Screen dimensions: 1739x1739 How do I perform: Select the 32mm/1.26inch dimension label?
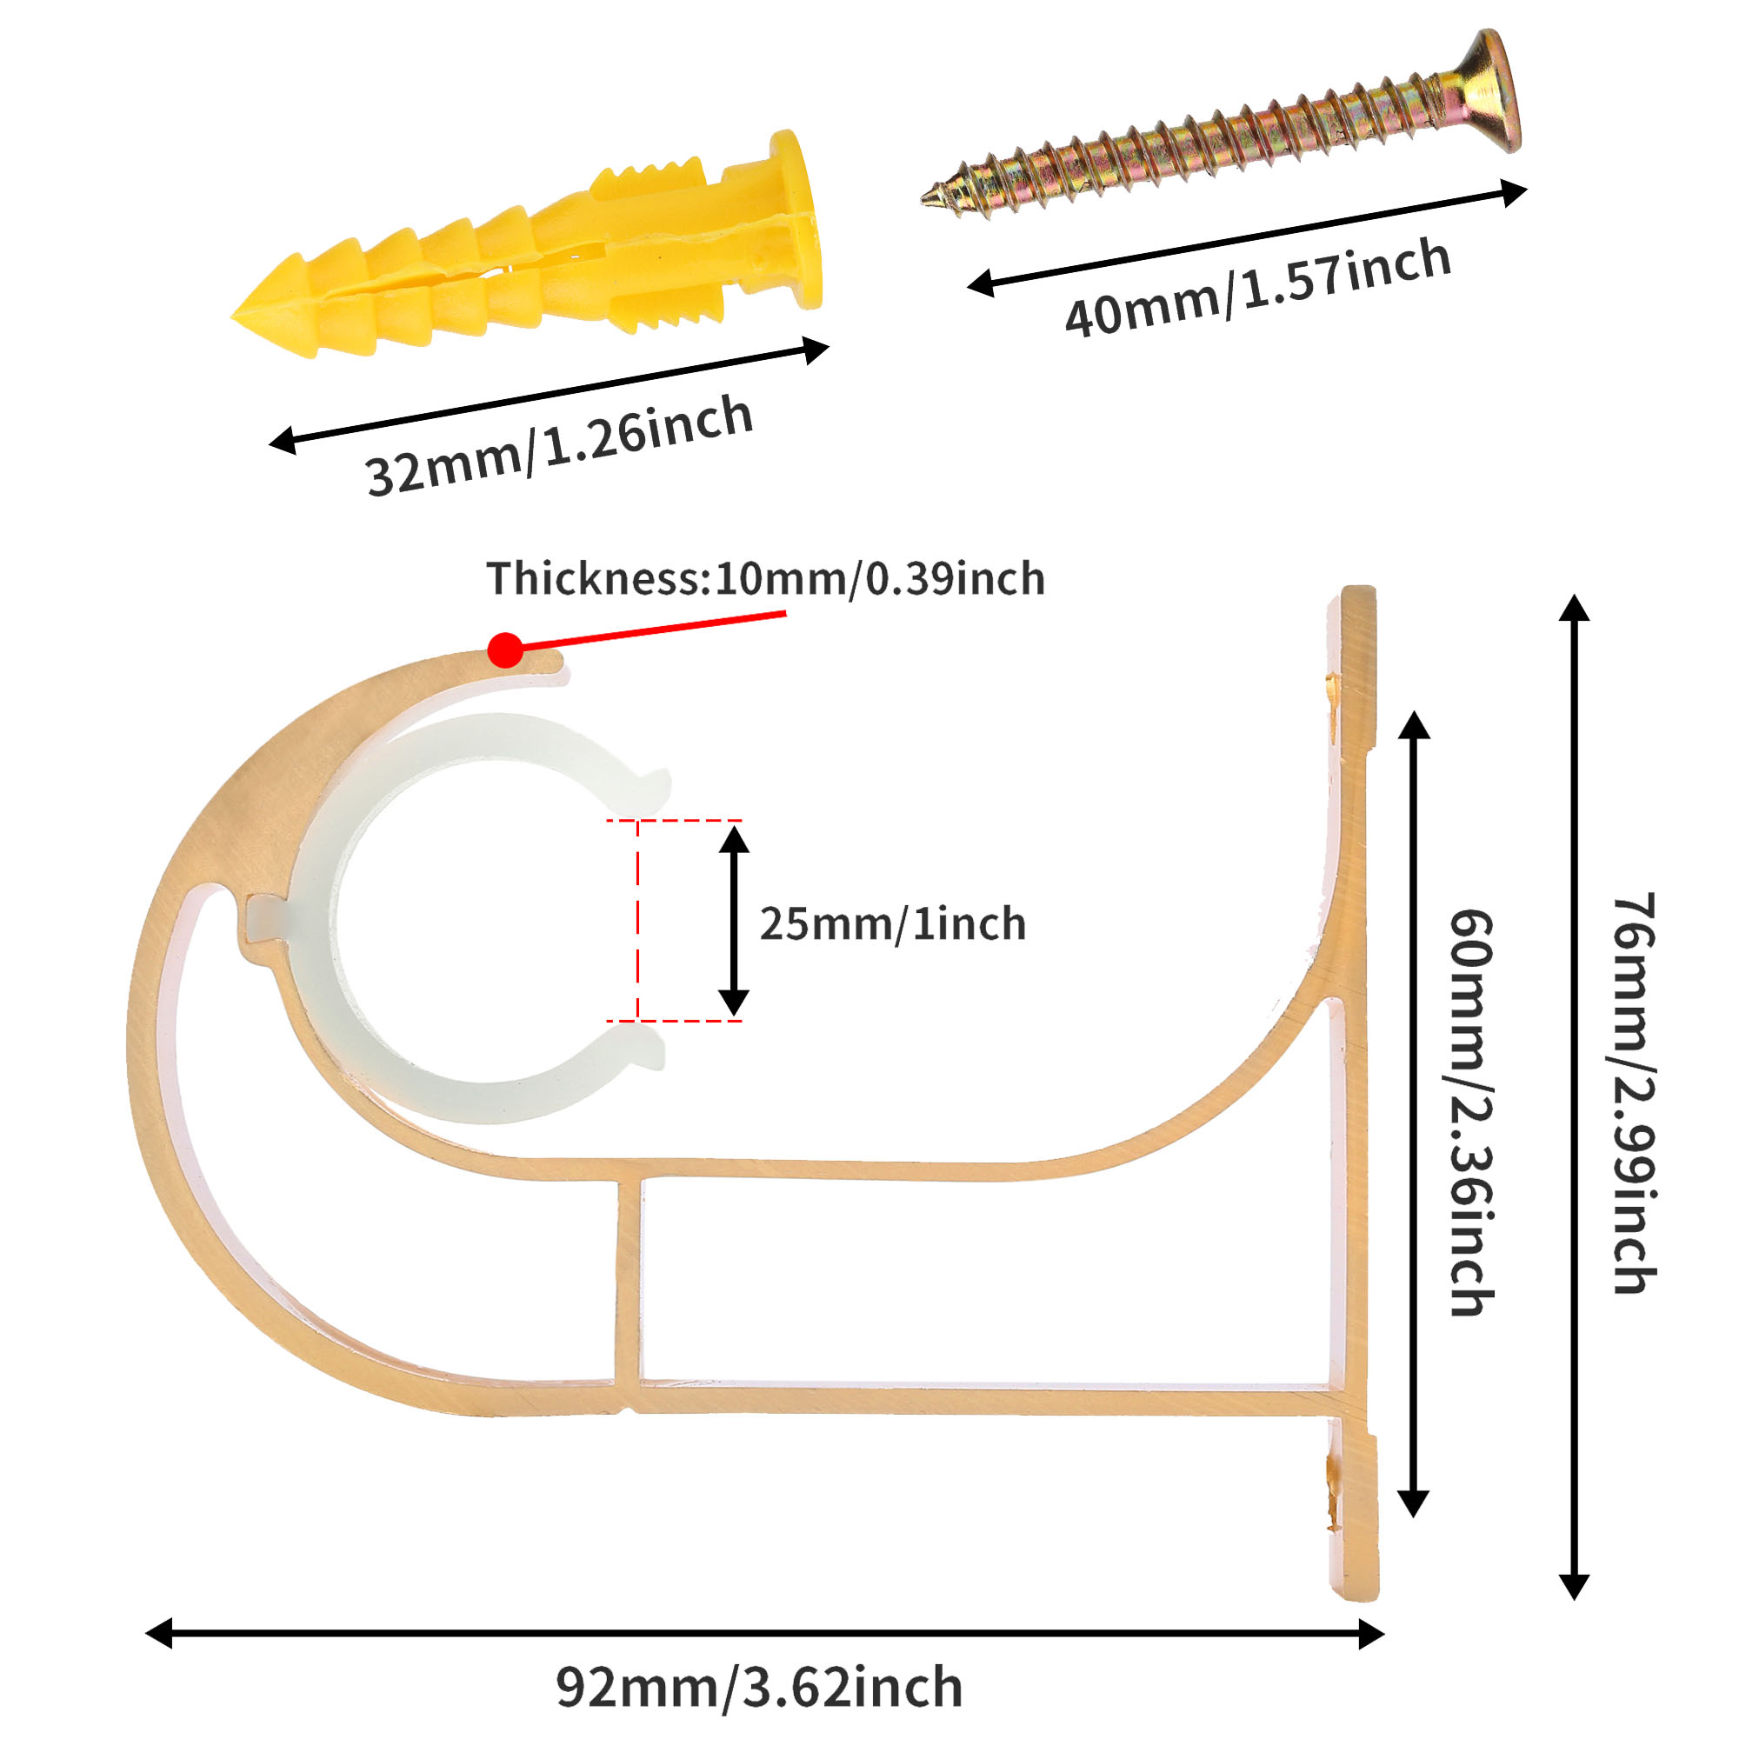[x=559, y=444]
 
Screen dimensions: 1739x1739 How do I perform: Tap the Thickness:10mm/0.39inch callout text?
[x=765, y=579]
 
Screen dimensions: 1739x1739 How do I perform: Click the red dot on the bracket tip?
[x=505, y=649]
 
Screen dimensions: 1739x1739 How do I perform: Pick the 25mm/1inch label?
[x=892, y=924]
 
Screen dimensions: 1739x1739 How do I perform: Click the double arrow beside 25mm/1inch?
[x=734, y=920]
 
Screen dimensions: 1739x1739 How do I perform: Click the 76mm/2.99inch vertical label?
[x=1634, y=1094]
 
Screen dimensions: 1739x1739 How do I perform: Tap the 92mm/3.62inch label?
[x=759, y=1687]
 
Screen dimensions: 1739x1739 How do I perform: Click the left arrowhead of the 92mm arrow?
[x=160, y=1633]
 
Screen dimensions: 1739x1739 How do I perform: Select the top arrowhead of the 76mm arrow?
[x=1575, y=610]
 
